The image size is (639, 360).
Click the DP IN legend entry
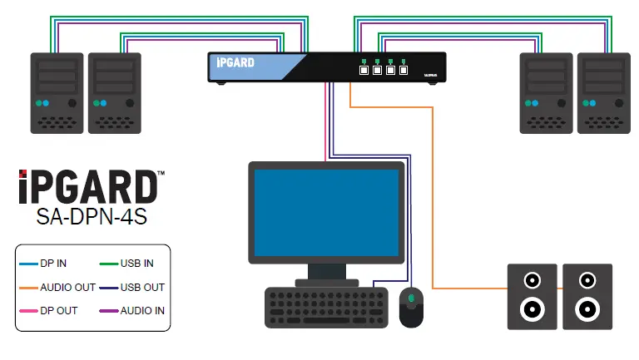[53, 264]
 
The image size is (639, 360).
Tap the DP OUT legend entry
[57, 311]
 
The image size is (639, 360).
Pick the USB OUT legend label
[140, 287]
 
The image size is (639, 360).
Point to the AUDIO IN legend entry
[142, 311]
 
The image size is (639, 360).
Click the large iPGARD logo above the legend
[87, 188]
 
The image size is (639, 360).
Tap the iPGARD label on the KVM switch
[235, 63]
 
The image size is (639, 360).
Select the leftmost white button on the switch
[364, 71]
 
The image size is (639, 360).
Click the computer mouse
[411, 307]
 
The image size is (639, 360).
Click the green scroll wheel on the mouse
[411, 298]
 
